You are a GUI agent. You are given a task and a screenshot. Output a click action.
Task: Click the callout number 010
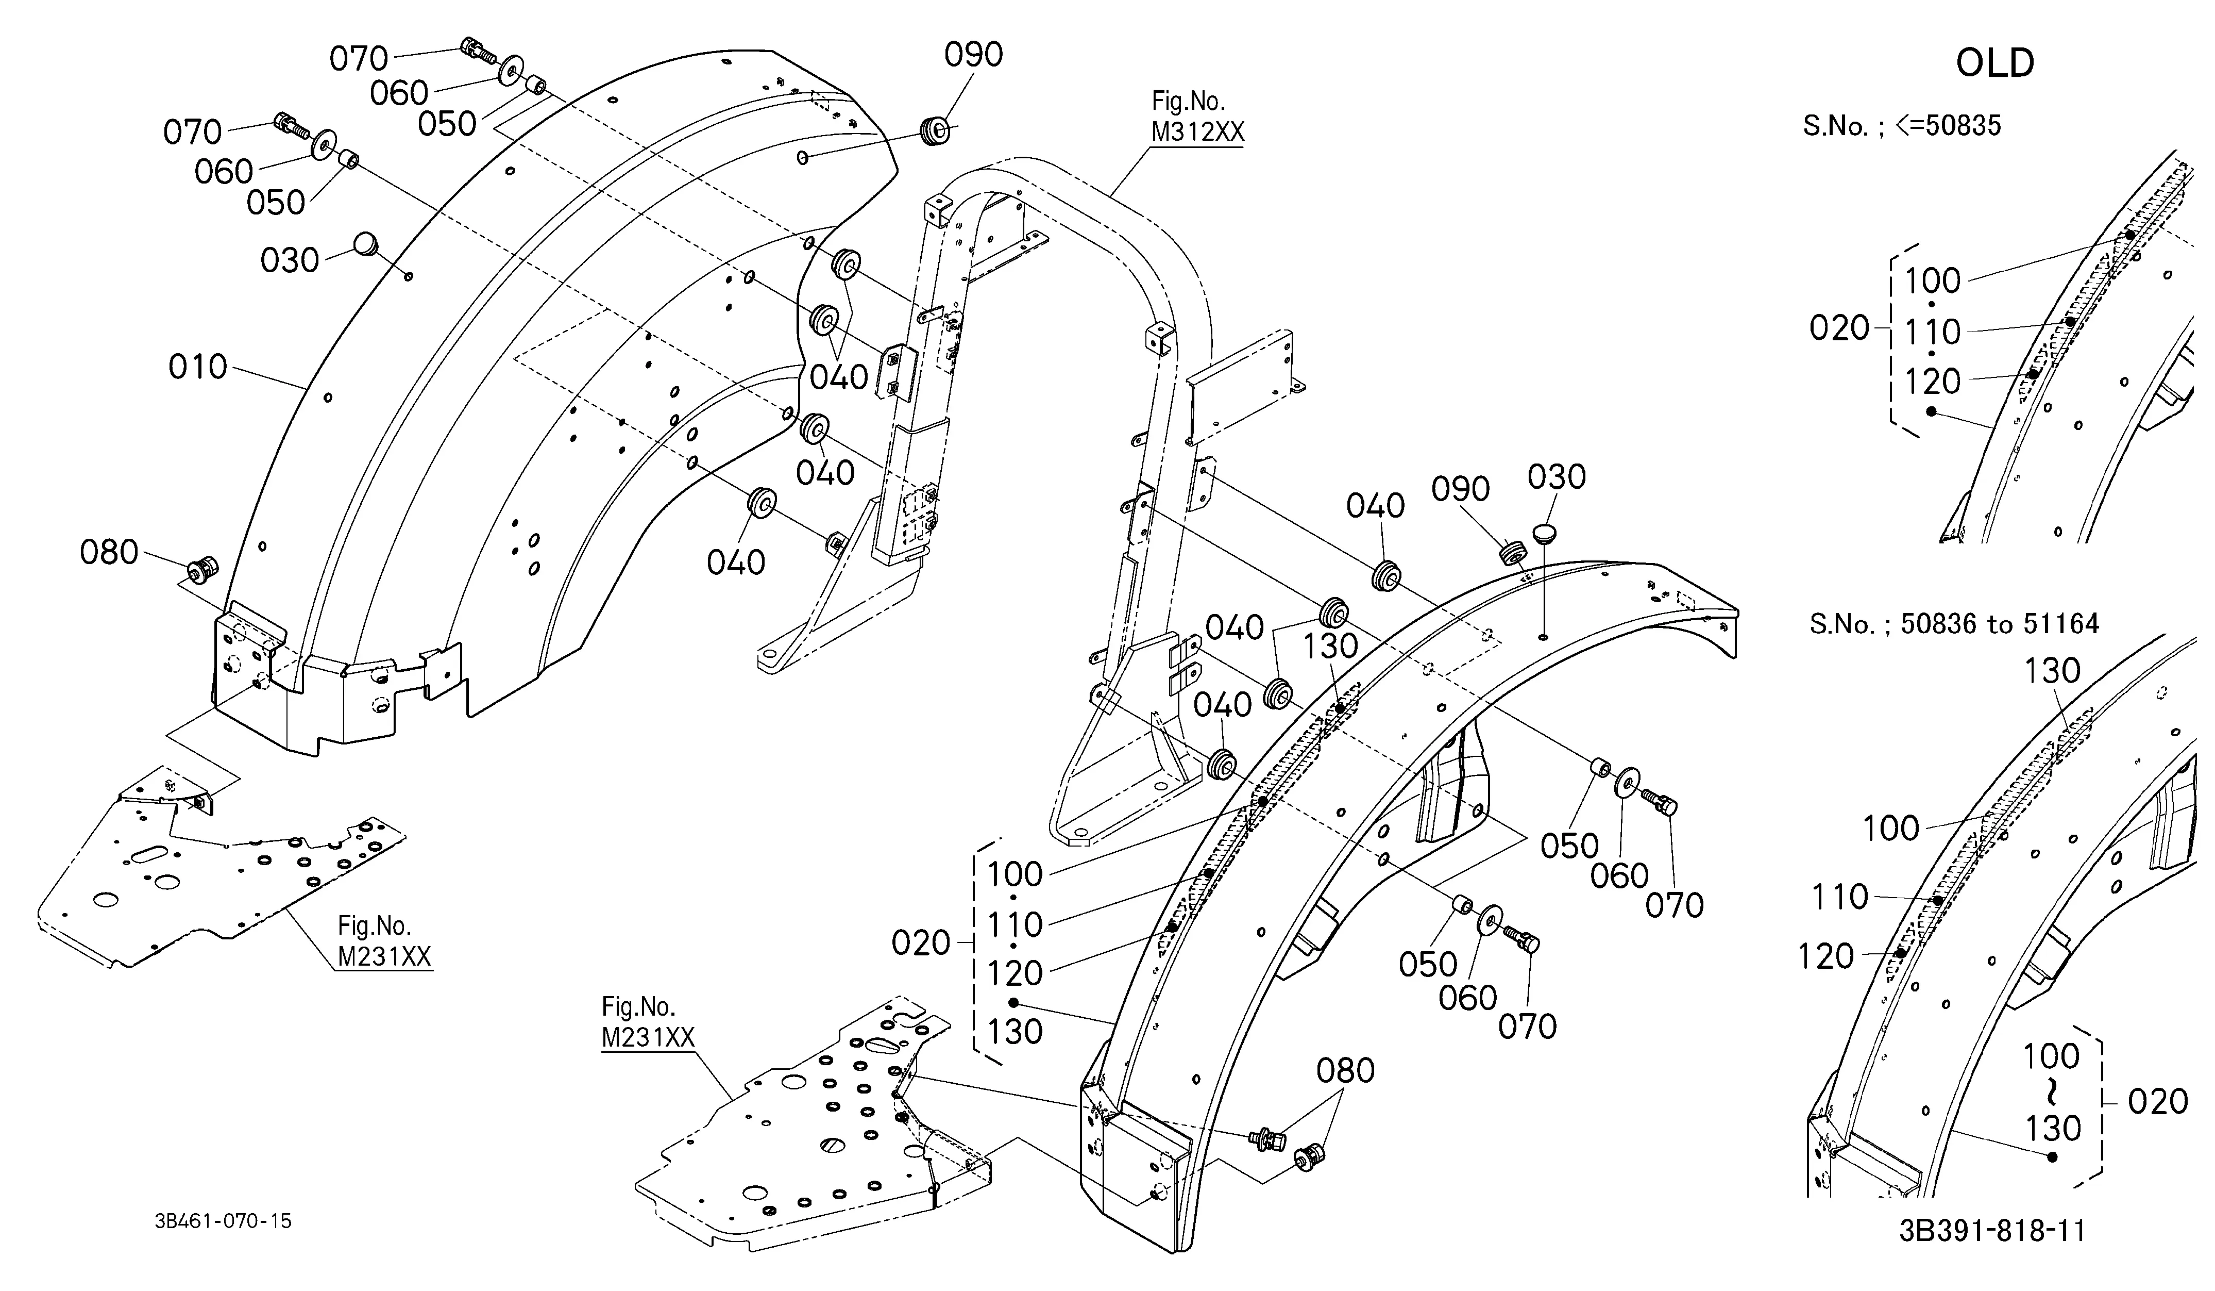[198, 367]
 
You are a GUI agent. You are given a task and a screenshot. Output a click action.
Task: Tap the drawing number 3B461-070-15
[223, 1221]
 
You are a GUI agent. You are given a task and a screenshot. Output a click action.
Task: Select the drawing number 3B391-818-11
[1992, 1230]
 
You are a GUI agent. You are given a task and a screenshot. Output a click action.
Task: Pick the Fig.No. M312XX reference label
[1197, 117]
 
